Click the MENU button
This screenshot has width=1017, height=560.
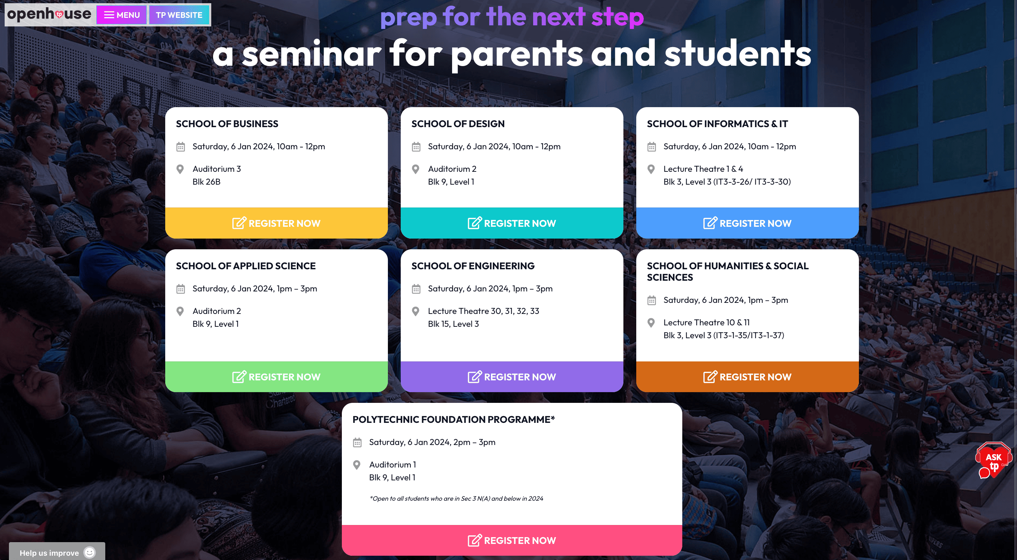[122, 15]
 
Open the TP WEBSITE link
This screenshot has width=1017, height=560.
[179, 15]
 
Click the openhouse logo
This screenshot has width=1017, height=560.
[49, 14]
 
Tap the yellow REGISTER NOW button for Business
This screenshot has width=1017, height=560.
[276, 223]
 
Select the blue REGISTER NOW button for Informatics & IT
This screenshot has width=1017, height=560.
[747, 223]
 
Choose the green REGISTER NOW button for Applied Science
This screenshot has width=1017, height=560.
[276, 377]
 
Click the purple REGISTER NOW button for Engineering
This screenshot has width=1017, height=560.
[512, 377]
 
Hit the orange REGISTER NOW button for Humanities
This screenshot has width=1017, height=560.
[747, 377]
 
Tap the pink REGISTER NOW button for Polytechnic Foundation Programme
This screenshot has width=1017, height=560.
[512, 540]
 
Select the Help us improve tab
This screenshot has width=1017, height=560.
[57, 552]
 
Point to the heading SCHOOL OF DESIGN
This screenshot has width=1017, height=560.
[458, 124]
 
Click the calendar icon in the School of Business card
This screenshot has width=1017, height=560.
[181, 147]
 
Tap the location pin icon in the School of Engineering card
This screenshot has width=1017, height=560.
[416, 311]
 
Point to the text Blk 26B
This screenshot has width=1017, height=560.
[207, 182]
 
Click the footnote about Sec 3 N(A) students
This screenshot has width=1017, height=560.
[456, 498]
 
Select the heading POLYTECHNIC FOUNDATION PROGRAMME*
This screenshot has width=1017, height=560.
[454, 419]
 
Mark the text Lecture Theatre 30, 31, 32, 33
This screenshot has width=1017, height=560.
[484, 311]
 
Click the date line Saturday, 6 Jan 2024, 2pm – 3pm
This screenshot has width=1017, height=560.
[432, 442]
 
